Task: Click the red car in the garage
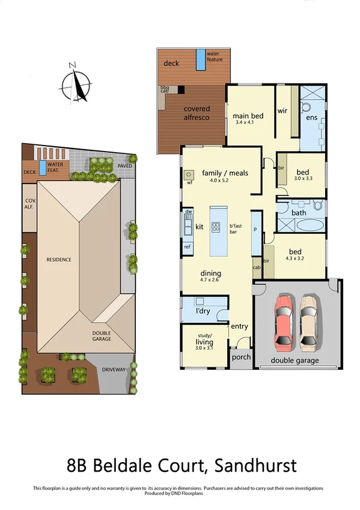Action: (284, 322)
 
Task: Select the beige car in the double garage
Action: (309, 322)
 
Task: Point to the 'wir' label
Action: (282, 111)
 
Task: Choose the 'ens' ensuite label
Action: (311, 118)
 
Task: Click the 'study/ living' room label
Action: (204, 340)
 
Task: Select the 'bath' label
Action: (299, 212)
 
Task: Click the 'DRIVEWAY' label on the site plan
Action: (114, 369)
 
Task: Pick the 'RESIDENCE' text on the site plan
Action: (59, 260)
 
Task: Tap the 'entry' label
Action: (239, 326)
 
